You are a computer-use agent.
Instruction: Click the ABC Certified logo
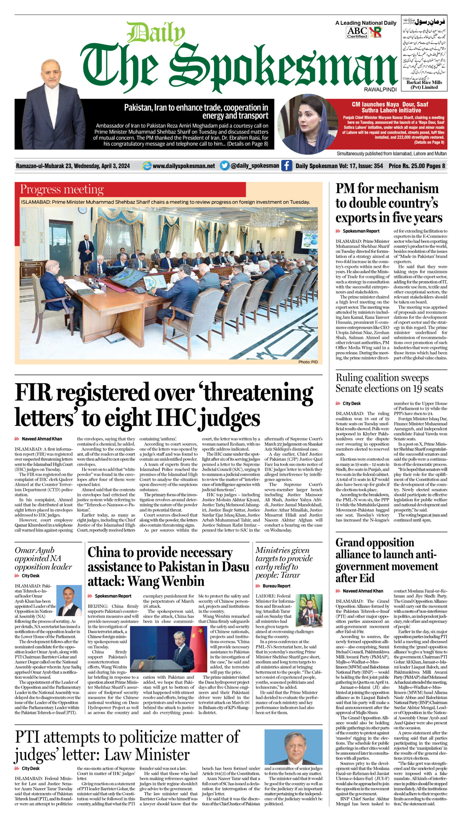tap(357, 32)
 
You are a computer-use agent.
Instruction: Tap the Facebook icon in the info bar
tap(286, 165)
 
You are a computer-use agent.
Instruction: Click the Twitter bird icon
tap(225, 165)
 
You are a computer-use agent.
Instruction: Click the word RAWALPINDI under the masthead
tap(380, 89)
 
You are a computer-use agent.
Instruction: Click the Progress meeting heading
tap(62, 189)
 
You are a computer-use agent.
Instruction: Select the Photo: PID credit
tap(308, 362)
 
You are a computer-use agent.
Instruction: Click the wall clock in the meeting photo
tap(82, 210)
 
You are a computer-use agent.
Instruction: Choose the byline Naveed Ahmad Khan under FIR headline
tap(42, 439)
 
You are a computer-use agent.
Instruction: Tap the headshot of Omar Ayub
tap(69, 600)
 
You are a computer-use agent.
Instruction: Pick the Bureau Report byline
tap(276, 586)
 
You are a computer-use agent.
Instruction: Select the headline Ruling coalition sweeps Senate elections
tap(389, 383)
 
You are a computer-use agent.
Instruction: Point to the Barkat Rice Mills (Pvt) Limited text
tap(424, 85)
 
